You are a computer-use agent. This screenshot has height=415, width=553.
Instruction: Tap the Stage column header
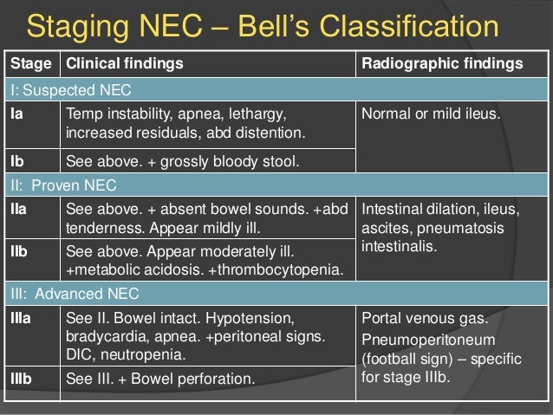click(x=30, y=65)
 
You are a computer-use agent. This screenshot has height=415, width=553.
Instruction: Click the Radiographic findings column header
click(x=440, y=65)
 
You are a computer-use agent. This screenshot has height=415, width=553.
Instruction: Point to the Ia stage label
click(x=16, y=112)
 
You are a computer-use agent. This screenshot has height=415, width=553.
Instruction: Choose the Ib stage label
click(x=16, y=160)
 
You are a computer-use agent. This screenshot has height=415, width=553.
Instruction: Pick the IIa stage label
click(x=19, y=208)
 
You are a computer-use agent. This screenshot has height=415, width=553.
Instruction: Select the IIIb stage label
click(x=22, y=378)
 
